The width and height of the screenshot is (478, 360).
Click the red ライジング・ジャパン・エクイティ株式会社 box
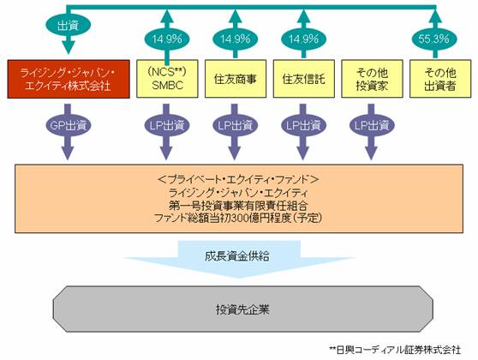tap(69, 79)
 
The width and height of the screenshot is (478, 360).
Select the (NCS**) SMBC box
tap(167, 79)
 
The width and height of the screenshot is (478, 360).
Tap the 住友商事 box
tap(236, 79)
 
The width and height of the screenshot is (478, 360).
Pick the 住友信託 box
tap(303, 79)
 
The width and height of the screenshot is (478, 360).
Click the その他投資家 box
tap(372, 79)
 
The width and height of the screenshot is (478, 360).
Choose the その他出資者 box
tap(440, 79)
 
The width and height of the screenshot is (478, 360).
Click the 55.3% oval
tap(434, 39)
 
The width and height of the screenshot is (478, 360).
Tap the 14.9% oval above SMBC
tap(167, 39)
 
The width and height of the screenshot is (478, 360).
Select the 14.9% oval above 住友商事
tap(236, 39)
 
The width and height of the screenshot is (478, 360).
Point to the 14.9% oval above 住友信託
tap(303, 39)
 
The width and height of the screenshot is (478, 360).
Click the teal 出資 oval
tap(69, 26)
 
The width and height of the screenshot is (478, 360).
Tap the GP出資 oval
tap(69, 125)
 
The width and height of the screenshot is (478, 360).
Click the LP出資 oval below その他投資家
tap(372, 125)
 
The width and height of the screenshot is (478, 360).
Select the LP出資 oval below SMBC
tap(166, 125)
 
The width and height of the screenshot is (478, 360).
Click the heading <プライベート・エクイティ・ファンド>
tap(239, 180)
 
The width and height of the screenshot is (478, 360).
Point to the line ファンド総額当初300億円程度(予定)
tap(239, 218)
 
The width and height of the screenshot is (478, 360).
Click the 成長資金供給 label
tap(237, 256)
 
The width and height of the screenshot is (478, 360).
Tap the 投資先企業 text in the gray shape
tap(243, 309)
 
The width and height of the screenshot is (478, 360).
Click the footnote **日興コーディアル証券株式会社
tap(396, 350)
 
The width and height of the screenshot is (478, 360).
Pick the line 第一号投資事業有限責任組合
tap(239, 206)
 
